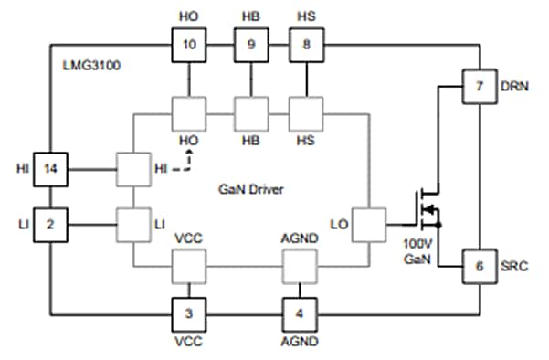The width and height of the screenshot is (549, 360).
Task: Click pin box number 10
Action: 189,43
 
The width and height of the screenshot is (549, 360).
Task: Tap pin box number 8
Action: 307,43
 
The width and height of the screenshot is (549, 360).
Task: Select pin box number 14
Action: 51,169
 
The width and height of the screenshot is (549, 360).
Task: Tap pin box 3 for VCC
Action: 189,313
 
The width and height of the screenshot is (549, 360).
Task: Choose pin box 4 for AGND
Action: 299,313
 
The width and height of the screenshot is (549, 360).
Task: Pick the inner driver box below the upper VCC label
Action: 189,268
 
